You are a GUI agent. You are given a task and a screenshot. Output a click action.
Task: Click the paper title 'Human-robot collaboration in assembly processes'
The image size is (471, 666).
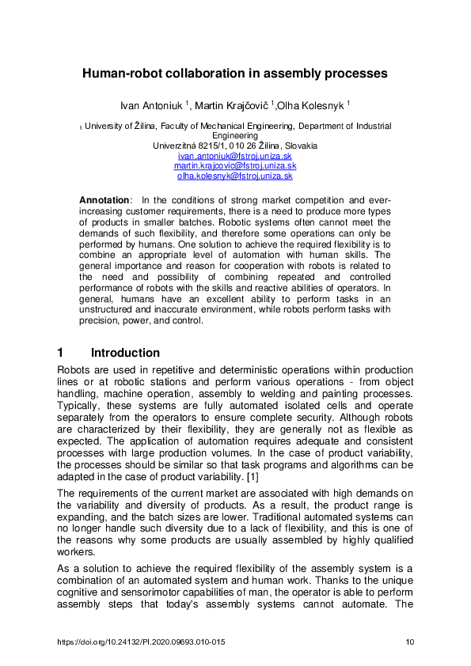click(235, 74)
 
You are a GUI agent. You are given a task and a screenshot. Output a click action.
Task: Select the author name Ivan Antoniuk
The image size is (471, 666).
click(151, 104)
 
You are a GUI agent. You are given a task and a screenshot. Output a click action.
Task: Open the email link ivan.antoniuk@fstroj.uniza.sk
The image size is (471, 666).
click(235, 156)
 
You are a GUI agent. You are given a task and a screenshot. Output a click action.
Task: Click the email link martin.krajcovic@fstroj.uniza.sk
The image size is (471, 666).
click(235, 166)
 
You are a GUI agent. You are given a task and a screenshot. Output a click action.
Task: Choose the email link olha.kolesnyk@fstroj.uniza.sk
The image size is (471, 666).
click(235, 176)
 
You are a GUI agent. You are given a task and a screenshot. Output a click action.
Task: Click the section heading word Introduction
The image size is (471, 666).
click(125, 353)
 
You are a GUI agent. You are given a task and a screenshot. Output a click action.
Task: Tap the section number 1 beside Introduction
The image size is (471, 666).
click(62, 353)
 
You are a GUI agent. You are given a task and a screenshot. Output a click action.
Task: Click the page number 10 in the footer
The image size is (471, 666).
click(409, 641)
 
